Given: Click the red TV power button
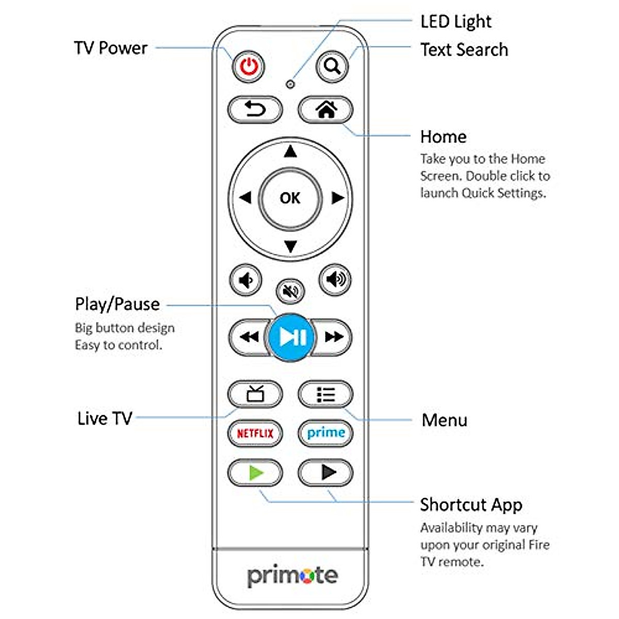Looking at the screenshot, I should [249, 67].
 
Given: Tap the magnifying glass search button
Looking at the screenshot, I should [332, 67].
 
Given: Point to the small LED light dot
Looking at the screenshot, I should [290, 84].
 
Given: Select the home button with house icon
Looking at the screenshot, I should [325, 109].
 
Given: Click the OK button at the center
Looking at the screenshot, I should [290, 198].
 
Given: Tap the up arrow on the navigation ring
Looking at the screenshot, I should [290, 152].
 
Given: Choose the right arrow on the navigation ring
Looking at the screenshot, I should [337, 198].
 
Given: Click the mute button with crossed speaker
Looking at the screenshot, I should [290, 292].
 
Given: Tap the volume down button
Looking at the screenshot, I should [246, 280].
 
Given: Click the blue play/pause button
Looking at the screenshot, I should [292, 337].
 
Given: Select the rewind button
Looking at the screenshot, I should [249, 337].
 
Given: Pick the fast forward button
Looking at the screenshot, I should [334, 337].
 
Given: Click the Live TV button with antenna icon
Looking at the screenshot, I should [255, 395].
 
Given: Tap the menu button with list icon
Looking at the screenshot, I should [325, 395].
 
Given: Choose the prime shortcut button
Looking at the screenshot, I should [325, 433].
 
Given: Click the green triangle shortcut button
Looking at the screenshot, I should [255, 472].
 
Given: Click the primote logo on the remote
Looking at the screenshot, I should [292, 576].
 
